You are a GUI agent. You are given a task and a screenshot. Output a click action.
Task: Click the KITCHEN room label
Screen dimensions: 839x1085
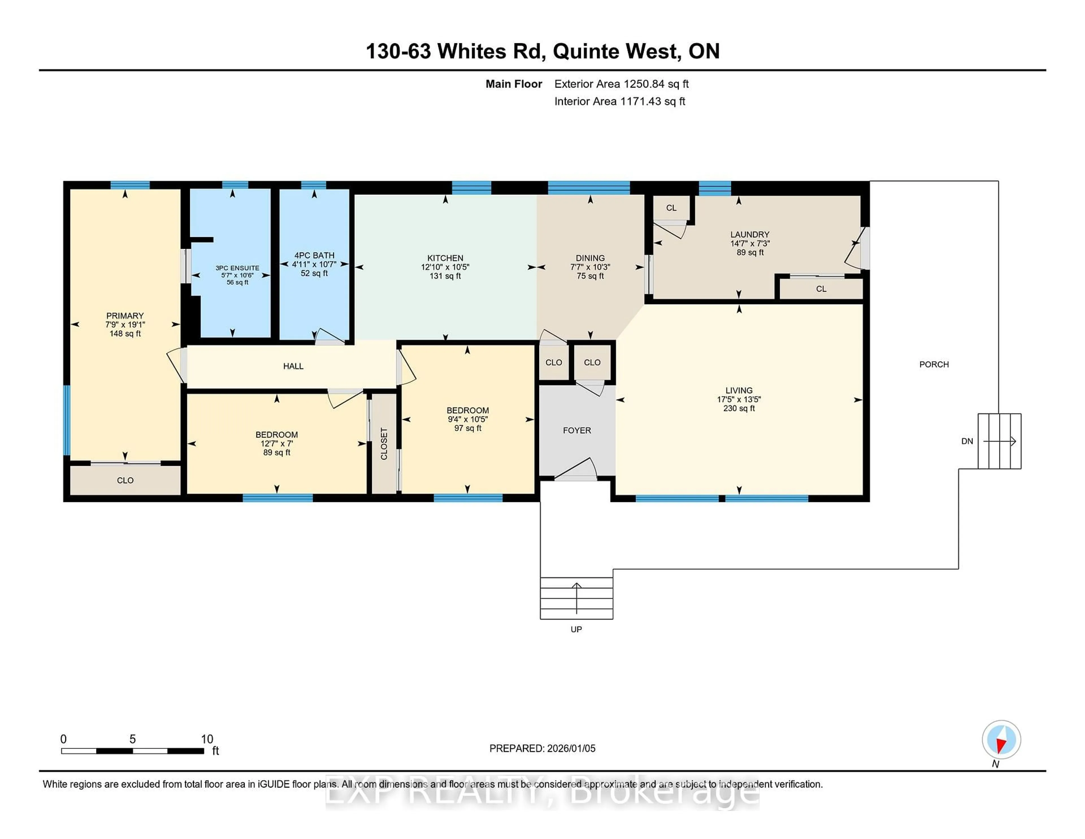[x=445, y=258]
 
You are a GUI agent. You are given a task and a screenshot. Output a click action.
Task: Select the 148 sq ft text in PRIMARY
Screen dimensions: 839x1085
[x=125, y=334]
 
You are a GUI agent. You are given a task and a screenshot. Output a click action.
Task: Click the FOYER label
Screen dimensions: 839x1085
[x=576, y=431]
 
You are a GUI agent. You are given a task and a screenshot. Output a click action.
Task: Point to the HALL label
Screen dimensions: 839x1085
[x=293, y=366]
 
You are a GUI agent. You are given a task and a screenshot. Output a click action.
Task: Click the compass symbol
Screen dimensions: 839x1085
[x=1001, y=739]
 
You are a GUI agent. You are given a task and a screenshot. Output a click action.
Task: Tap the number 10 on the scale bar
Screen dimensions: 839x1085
[x=207, y=739]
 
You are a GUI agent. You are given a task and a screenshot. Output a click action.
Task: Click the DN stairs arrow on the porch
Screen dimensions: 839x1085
[x=1000, y=441]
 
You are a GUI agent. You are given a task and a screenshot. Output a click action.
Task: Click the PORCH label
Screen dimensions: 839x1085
[x=934, y=364]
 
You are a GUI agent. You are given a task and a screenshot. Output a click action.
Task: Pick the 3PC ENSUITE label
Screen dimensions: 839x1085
[x=237, y=268]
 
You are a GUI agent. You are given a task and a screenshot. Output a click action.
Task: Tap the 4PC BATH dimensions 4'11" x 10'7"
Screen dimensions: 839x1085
[x=314, y=264]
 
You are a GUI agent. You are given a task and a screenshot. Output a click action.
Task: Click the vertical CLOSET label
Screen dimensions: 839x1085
[x=383, y=443]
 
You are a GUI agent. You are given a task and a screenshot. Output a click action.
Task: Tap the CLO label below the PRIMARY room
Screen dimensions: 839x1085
[x=125, y=481]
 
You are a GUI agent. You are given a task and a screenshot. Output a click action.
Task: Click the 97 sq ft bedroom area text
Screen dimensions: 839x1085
[x=468, y=428]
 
